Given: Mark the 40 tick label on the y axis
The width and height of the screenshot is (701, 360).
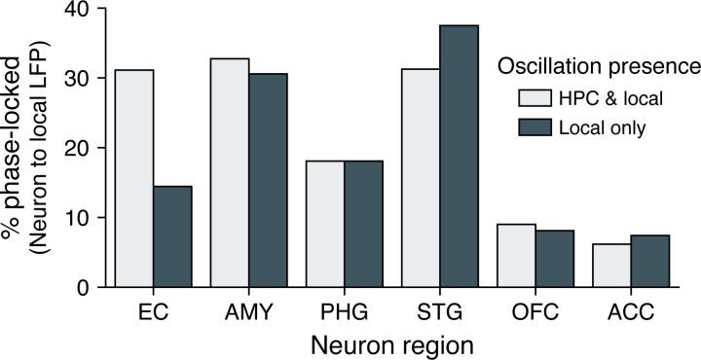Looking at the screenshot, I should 76,9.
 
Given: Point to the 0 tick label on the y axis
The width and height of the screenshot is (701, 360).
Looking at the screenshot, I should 82,287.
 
